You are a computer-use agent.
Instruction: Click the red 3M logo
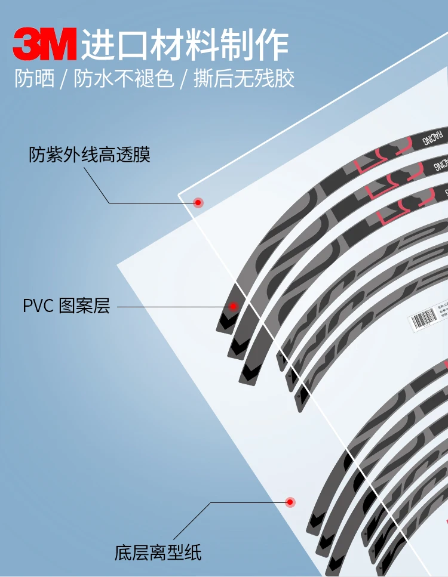click(x=45, y=44)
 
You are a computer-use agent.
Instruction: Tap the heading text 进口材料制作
click(x=185, y=44)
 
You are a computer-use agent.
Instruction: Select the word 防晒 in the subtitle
click(x=35, y=79)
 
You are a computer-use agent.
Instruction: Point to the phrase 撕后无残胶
click(x=244, y=79)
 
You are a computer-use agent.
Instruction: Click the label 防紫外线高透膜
click(x=90, y=155)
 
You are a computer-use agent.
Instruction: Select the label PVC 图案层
click(x=66, y=307)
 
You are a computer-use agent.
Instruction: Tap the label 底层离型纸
click(x=158, y=553)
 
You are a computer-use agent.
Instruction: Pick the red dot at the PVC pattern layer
click(x=234, y=307)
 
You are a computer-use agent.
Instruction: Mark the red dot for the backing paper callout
click(x=290, y=502)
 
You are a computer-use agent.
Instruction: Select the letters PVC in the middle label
click(x=38, y=307)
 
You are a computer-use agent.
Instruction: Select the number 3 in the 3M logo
click(x=28, y=44)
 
